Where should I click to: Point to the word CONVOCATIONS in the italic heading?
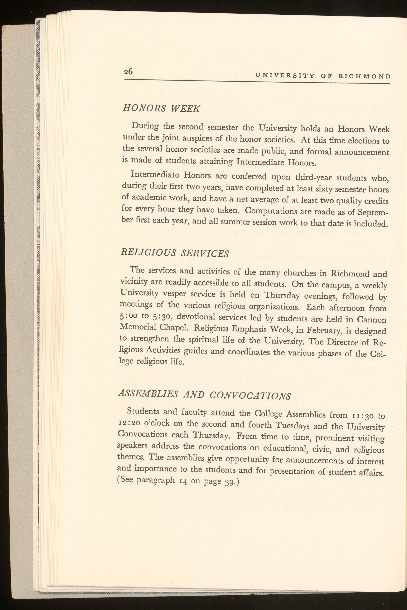click(x=250, y=395)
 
